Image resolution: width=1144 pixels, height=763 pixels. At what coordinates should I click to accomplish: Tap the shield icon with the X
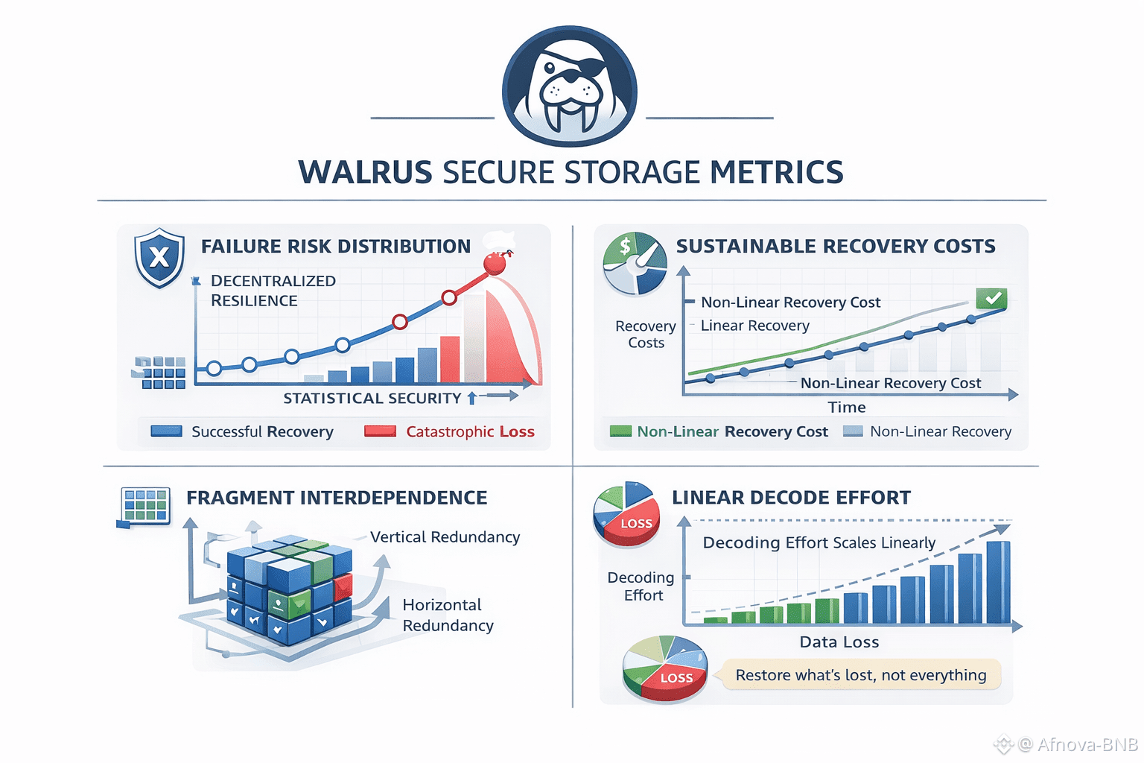pos(159,258)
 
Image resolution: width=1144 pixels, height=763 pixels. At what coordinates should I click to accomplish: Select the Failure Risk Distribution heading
pos(336,247)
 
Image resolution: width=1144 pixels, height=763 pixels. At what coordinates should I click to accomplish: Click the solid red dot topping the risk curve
pos(494,264)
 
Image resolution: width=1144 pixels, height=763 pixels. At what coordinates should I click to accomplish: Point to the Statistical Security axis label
pos(372,398)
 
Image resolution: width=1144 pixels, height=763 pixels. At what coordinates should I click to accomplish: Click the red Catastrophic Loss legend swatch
pos(380,431)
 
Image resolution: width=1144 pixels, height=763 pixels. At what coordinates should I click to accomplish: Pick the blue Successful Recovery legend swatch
pos(167,431)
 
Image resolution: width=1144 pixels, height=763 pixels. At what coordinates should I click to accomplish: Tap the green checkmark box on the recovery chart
pos(991,298)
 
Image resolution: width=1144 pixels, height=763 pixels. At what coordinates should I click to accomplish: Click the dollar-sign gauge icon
pos(635,263)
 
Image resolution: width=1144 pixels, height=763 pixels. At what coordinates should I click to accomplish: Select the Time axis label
pos(847,408)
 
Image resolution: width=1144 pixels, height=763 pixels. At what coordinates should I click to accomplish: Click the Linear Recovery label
pos(754,326)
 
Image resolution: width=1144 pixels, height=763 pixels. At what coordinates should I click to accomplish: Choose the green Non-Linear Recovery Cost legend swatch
pos(620,431)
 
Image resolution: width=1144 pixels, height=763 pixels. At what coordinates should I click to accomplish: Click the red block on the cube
pos(343,586)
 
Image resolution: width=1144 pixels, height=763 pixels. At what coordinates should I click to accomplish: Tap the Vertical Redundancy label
pos(445,537)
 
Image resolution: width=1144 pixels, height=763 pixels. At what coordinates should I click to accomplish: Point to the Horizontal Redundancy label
pos(448,615)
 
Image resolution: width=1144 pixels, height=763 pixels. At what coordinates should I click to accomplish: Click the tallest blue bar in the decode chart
pos(998,582)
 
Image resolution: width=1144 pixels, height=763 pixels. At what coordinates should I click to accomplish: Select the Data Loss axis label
pos(839,642)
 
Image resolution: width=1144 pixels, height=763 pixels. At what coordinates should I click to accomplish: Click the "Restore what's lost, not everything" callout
pos(860,675)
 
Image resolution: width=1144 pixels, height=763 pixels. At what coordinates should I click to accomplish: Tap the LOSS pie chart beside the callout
pos(665,668)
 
